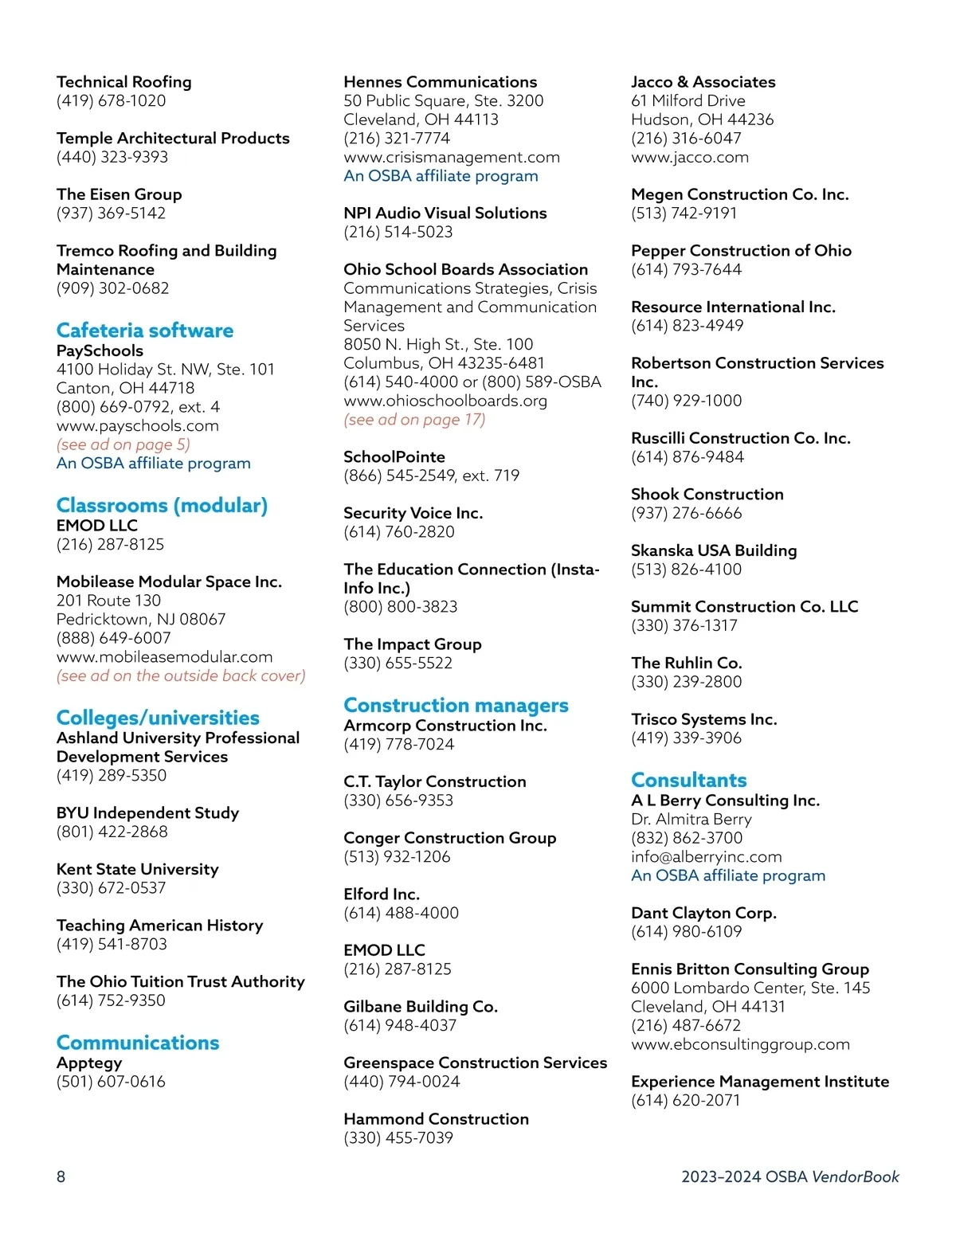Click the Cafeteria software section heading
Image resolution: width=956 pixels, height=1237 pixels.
point(145,331)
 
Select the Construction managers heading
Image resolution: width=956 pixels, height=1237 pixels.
point(456,706)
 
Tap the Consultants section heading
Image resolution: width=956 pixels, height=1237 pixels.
point(689,781)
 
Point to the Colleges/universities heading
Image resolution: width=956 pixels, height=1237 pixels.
point(158,718)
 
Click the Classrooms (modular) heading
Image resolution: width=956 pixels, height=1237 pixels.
point(162,506)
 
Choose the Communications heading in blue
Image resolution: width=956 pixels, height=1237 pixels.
point(138,1043)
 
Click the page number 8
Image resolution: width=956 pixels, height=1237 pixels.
point(61,1176)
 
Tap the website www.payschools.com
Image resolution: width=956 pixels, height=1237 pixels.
point(138,425)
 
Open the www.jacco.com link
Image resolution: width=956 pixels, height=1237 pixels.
point(690,157)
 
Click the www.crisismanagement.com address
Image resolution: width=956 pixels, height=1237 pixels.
point(452,157)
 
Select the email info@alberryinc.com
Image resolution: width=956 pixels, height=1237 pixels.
point(707,856)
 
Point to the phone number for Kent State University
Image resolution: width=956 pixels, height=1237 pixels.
point(112,887)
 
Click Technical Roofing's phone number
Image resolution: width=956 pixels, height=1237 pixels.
point(112,100)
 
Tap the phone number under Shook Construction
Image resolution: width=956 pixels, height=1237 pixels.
point(687,513)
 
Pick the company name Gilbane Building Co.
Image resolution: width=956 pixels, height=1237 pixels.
point(421,1006)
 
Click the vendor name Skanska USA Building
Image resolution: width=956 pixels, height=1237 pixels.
point(714,550)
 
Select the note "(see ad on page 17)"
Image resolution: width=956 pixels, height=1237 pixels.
point(414,420)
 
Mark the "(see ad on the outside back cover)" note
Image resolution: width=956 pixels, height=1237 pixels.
point(181,675)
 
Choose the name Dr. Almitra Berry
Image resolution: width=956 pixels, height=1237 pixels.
point(692,819)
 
